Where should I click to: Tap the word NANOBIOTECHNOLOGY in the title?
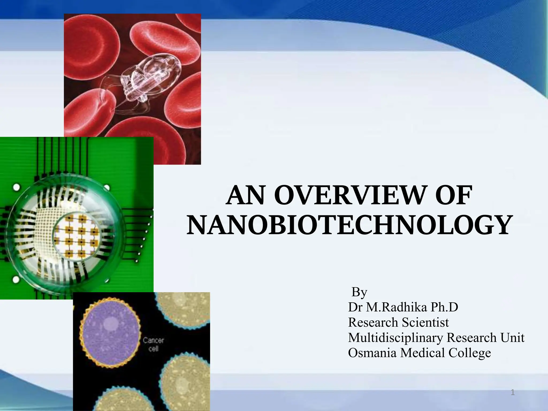pos(349,225)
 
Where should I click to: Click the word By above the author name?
pos(359,292)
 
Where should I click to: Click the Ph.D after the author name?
pos(444,307)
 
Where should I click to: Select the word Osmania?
pos(372,353)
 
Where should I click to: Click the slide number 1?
pos(513,393)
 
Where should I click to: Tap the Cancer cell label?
pos(153,345)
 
